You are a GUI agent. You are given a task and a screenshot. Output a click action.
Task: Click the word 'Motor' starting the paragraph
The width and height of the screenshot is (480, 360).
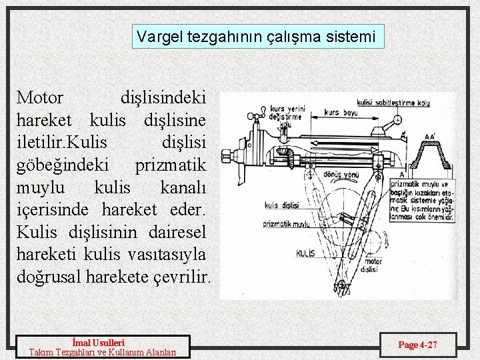click(40, 97)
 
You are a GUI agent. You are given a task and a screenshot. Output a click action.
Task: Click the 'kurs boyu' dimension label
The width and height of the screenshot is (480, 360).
click(340, 113)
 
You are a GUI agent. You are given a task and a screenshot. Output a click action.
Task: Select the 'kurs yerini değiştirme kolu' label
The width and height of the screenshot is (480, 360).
click(287, 116)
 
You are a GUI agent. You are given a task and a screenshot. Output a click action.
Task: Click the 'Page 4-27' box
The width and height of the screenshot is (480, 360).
click(418, 345)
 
